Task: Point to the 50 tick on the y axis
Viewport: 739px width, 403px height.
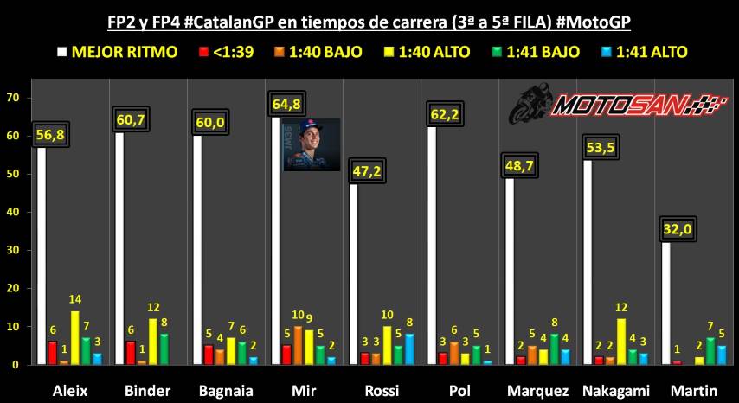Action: pos(12,174)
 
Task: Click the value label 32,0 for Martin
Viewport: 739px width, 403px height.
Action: pos(678,229)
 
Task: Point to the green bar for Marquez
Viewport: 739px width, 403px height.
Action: pos(555,349)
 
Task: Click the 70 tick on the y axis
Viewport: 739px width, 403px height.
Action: pos(12,98)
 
